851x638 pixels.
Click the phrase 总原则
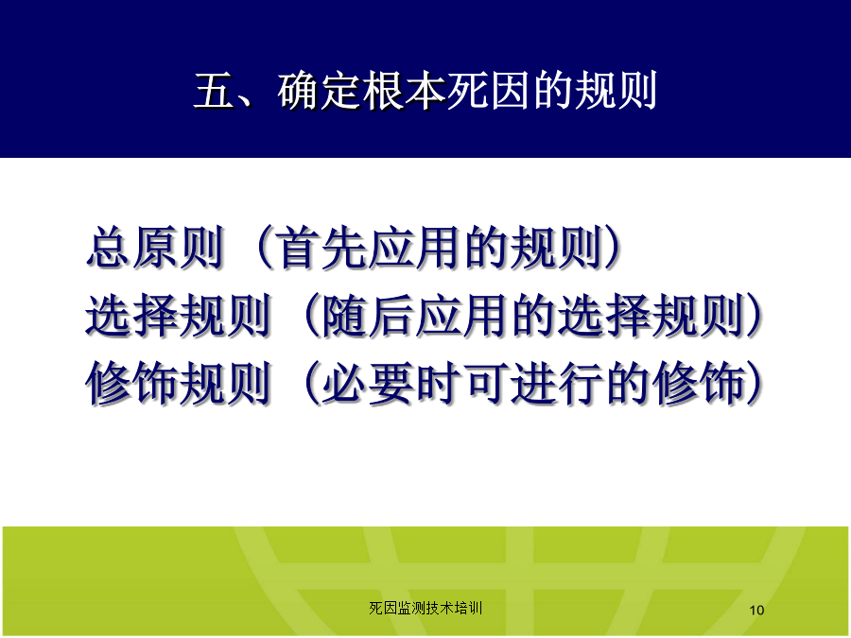(x=156, y=248)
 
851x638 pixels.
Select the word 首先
(x=322, y=248)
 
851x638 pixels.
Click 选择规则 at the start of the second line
(x=179, y=315)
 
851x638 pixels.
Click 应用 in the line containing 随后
(x=461, y=315)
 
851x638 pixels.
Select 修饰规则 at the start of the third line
(x=179, y=383)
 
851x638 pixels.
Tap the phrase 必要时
(x=391, y=383)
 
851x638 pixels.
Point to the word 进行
(x=556, y=383)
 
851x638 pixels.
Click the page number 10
(x=756, y=611)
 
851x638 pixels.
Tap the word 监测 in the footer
(x=411, y=608)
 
